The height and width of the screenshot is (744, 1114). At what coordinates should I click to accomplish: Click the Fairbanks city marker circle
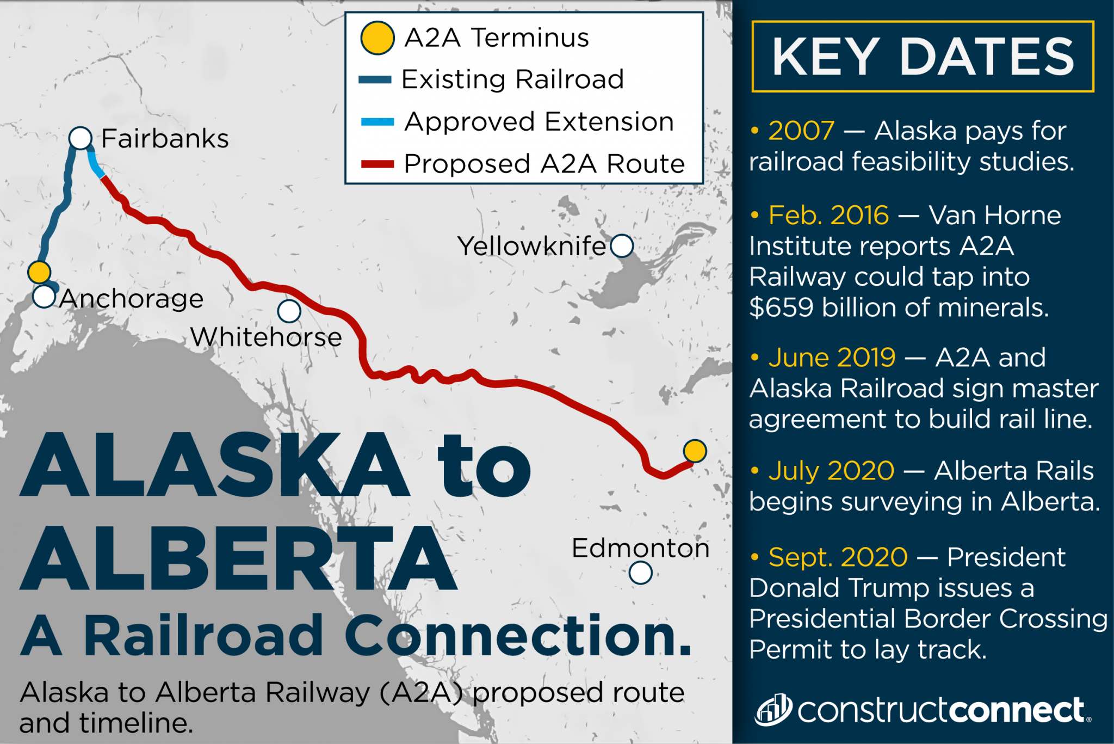81,138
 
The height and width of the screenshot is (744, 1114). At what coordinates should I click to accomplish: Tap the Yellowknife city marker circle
622,246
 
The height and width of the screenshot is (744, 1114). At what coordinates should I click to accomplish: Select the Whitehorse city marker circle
289,311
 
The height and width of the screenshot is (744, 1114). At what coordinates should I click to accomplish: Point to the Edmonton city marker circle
640,573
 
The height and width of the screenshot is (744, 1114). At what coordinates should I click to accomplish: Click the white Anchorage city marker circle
44,297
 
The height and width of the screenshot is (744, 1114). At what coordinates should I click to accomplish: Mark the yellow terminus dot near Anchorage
39,272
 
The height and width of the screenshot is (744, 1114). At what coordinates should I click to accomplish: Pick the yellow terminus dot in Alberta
695,451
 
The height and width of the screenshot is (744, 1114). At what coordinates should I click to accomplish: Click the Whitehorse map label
266,337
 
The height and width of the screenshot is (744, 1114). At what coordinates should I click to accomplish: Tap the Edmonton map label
640,548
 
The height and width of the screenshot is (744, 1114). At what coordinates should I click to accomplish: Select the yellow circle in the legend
377,38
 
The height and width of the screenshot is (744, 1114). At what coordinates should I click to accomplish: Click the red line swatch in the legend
377,164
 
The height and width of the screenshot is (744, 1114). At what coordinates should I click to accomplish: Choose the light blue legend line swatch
377,122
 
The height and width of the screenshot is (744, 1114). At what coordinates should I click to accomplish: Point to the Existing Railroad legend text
512,79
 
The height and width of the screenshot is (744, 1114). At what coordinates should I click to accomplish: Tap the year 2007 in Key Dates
801,131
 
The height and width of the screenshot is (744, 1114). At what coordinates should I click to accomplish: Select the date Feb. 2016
828,216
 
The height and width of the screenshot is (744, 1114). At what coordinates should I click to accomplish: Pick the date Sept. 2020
838,557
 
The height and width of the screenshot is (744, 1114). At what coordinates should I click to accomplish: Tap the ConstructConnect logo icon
773,710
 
